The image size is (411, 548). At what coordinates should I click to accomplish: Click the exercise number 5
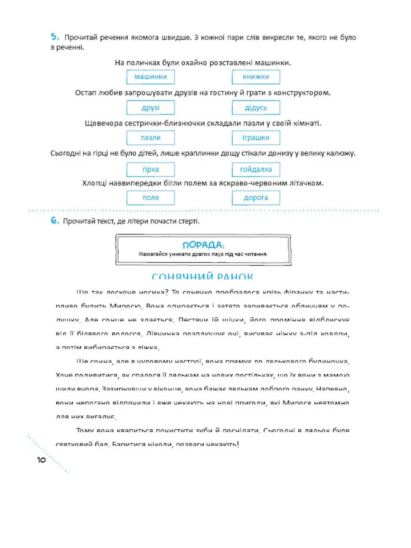pyautogui.click(x=55, y=37)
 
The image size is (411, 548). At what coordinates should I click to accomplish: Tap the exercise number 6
pyautogui.click(x=55, y=221)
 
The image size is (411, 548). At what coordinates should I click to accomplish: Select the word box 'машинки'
pyautogui.click(x=151, y=77)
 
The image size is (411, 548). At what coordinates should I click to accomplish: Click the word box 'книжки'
pyautogui.click(x=256, y=77)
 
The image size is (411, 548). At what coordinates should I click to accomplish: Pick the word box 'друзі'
pyautogui.click(x=151, y=108)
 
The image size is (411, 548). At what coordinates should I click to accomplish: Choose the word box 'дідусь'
pyautogui.click(x=256, y=108)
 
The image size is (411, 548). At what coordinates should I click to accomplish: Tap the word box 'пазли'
pyautogui.click(x=151, y=138)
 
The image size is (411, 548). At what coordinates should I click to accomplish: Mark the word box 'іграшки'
pyautogui.click(x=256, y=138)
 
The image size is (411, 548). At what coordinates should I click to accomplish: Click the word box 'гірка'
pyautogui.click(x=151, y=169)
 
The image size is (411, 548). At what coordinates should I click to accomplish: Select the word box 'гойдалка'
pyautogui.click(x=256, y=169)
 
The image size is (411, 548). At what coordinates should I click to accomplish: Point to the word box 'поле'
pyautogui.click(x=151, y=198)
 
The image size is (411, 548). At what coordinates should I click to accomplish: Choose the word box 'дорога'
pyautogui.click(x=256, y=198)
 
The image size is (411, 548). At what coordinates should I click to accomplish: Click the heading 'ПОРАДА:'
pyautogui.click(x=203, y=245)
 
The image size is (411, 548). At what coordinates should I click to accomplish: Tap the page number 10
pyautogui.click(x=41, y=460)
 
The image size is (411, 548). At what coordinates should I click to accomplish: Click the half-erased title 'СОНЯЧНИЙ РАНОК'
pyautogui.click(x=202, y=277)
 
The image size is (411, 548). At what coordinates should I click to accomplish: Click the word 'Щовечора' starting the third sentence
pyautogui.click(x=101, y=123)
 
